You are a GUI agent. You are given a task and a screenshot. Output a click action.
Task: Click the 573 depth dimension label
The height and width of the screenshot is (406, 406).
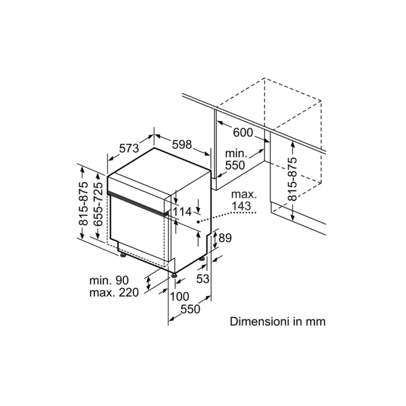pyautogui.click(x=129, y=149)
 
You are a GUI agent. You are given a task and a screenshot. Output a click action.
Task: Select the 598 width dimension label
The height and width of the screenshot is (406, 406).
pyautogui.click(x=181, y=145)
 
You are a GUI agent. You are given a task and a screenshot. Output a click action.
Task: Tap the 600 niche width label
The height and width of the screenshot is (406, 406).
pyautogui.click(x=243, y=132)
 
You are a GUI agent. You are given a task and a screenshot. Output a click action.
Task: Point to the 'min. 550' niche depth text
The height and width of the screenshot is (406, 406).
pyautogui.click(x=235, y=159)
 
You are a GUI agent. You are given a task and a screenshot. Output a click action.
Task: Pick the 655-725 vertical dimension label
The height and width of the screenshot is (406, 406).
pyautogui.click(x=98, y=204)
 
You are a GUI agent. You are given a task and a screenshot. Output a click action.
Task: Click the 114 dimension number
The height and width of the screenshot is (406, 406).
pyautogui.click(x=183, y=211)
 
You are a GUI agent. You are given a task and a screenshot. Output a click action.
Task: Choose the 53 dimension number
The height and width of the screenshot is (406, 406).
pyautogui.click(x=203, y=278)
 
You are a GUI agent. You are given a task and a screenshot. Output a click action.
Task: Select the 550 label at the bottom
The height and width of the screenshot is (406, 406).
pyautogui.click(x=191, y=309)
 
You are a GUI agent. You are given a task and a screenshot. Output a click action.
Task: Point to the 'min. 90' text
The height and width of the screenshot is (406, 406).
pyautogui.click(x=110, y=281)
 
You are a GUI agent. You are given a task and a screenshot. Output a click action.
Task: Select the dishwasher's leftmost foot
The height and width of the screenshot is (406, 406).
pyautogui.click(x=123, y=255)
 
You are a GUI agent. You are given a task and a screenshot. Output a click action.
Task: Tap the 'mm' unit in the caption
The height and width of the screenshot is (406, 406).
pyautogui.click(x=315, y=321)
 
